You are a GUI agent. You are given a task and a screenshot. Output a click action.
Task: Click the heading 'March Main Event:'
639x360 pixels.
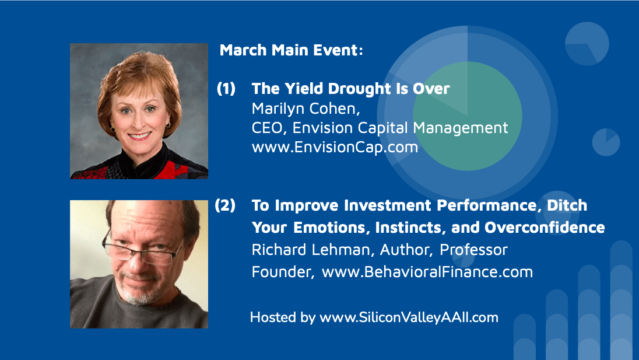point(291,50)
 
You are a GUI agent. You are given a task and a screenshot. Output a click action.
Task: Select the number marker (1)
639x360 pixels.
point(226,89)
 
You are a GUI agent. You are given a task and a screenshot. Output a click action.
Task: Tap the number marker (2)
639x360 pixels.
point(225,205)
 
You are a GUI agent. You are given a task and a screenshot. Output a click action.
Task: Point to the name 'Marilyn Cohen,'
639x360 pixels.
point(306,109)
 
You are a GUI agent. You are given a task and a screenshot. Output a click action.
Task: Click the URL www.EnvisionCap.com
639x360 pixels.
point(335,147)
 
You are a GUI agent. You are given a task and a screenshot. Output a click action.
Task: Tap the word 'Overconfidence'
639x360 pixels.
point(545,228)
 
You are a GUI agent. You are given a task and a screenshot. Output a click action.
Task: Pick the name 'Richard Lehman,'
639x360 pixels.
point(313,250)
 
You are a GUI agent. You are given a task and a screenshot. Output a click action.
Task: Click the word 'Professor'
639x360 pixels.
point(473,250)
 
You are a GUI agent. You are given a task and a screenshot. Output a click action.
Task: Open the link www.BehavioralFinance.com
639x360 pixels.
point(427,272)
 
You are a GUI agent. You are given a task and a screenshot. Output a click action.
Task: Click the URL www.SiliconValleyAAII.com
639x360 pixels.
point(409,317)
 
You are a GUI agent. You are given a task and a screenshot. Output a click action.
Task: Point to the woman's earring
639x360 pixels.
point(168,125)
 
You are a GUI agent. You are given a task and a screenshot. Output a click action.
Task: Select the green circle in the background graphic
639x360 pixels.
point(468,116)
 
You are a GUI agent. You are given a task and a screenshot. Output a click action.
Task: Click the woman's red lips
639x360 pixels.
point(139,136)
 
